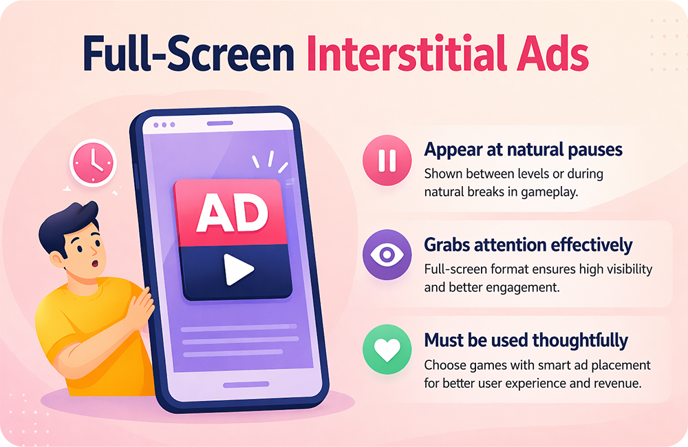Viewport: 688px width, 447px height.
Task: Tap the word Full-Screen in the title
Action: tap(189, 54)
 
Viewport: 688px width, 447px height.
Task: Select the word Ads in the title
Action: tap(553, 54)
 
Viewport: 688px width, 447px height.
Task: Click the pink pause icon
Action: tap(387, 160)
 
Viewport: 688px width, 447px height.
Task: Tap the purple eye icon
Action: tap(387, 255)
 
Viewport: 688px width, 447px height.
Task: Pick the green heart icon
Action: tap(387, 349)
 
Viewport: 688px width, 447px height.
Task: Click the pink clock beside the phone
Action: tap(93, 163)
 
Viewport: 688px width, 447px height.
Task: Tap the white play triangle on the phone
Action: tap(238, 269)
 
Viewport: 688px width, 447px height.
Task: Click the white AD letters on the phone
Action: tap(232, 214)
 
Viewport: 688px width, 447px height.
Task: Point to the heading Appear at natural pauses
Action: tap(523, 150)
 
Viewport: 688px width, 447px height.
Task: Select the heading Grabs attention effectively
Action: tap(528, 245)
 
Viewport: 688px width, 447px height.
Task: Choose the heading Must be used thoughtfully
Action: tap(526, 340)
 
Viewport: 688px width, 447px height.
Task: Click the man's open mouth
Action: tap(94, 264)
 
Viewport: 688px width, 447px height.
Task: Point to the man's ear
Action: tap(57, 260)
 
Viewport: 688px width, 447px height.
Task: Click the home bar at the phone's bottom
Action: tap(246, 384)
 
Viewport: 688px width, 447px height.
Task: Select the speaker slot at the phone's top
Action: tap(220, 123)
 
